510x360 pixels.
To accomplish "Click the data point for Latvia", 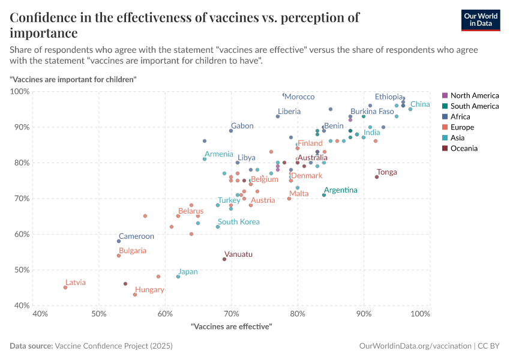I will pyautogui.click(x=65, y=287).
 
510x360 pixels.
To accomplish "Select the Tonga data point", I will pyautogui.click(x=377, y=177).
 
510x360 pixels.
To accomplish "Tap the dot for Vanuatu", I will pyautogui.click(x=224, y=259).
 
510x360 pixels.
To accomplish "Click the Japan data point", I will pyautogui.click(x=178, y=277).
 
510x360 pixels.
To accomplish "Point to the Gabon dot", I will pyautogui.click(x=231, y=131).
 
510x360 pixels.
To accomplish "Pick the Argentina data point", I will pyautogui.click(x=324, y=195).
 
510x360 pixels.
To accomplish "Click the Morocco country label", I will pyautogui.click(x=299, y=97).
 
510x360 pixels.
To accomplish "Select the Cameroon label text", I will pyautogui.click(x=136, y=236).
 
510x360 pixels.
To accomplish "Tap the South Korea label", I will pyautogui.click(x=239, y=222).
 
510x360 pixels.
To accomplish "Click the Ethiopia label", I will pyautogui.click(x=389, y=97).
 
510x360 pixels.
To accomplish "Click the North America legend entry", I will pyautogui.click(x=474, y=95).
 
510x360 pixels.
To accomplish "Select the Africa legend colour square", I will pyautogui.click(x=445, y=117).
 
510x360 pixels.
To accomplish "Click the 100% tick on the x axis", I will pyautogui.click(x=421, y=314).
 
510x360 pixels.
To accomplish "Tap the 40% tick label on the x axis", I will pyautogui.click(x=40, y=314).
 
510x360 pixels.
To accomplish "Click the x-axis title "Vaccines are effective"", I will pyautogui.click(x=231, y=326).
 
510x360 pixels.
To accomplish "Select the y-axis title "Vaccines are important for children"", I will pyautogui.click(x=73, y=79).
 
